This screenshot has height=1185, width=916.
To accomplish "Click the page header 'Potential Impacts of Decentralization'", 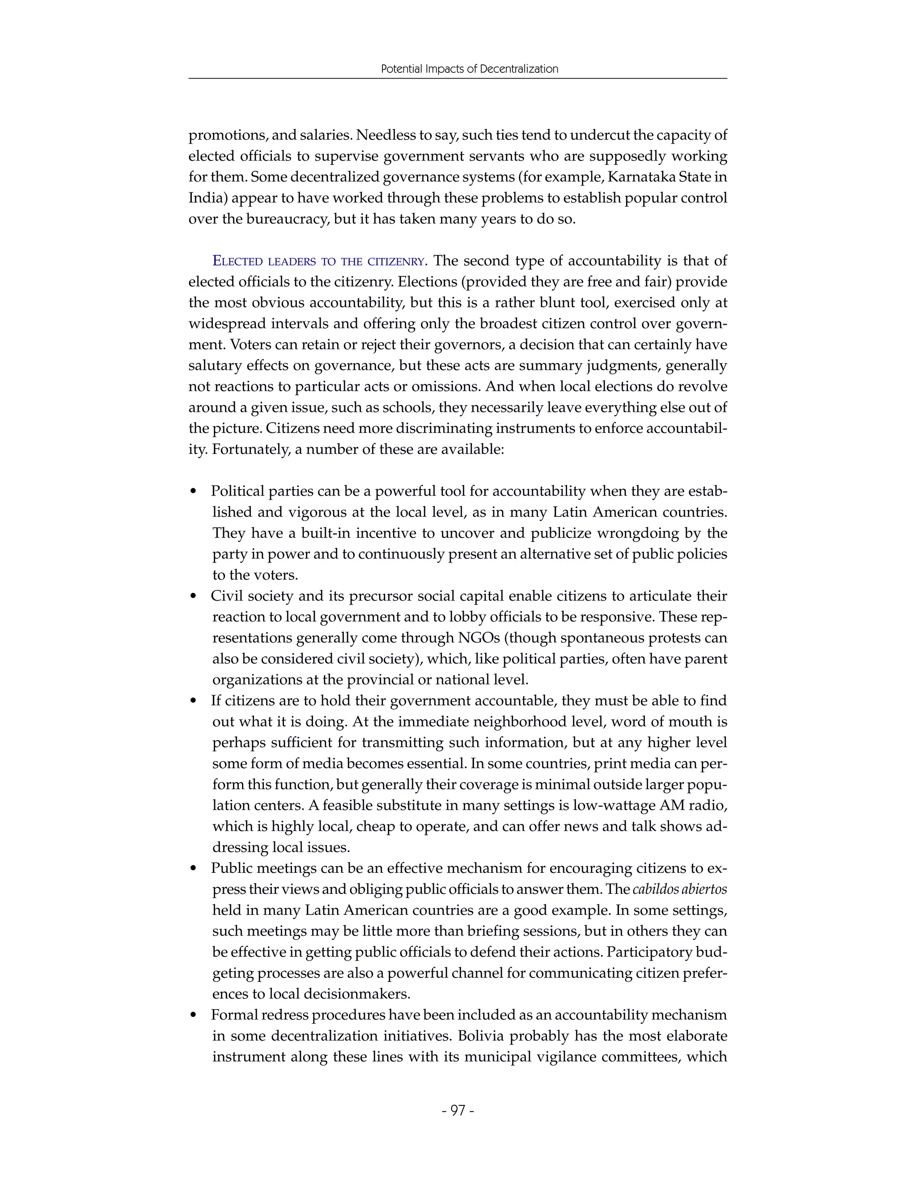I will pyautogui.click(x=469, y=69).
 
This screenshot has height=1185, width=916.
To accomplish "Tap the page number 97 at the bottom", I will pyautogui.click(x=458, y=1110).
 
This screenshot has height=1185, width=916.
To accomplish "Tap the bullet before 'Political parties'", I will pyautogui.click(x=194, y=491).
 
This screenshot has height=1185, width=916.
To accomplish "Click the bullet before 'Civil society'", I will pyautogui.click(x=194, y=596).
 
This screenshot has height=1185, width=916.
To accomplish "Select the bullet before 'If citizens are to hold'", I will pyautogui.click(x=194, y=701).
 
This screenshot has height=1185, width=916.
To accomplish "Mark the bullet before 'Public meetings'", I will pyautogui.click(x=194, y=869).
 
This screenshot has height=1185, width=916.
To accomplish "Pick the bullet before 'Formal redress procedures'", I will pyautogui.click(x=194, y=1015).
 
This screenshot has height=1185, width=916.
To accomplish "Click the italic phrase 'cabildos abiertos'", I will pyautogui.click(x=679, y=889).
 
